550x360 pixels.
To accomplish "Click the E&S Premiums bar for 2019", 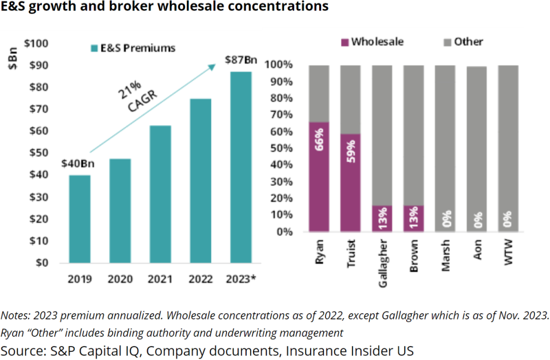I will [x=80, y=218].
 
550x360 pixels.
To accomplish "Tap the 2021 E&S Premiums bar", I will [x=160, y=194].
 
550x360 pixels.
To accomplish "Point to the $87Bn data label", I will [x=242, y=60].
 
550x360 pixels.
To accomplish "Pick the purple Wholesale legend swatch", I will [x=343, y=42].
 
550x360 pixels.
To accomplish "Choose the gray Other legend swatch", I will [x=445, y=42].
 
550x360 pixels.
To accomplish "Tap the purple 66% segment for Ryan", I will [x=319, y=177].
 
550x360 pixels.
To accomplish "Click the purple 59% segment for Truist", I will [x=351, y=182].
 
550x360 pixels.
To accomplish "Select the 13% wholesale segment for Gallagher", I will [x=382, y=218].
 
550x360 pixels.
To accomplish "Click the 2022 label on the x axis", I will [x=201, y=279].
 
